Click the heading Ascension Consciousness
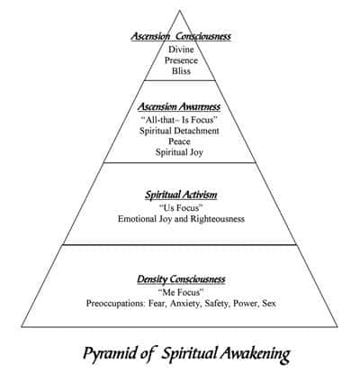tap(181, 36)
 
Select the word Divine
tap(181, 50)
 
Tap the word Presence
tap(181, 60)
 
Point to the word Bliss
tap(181, 71)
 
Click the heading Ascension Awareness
tap(179, 106)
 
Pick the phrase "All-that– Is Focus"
tap(179, 120)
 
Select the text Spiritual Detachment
tap(179, 131)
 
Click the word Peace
tap(179, 141)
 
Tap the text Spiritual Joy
tap(179, 152)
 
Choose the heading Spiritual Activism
tap(181, 195)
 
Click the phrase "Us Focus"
tap(181, 208)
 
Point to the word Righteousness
tap(217, 219)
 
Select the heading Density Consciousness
tap(181, 279)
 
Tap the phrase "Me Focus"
tap(181, 292)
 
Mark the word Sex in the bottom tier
tap(269, 304)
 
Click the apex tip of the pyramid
tap(180, 11)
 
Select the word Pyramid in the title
tap(110, 353)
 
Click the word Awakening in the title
tap(256, 354)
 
